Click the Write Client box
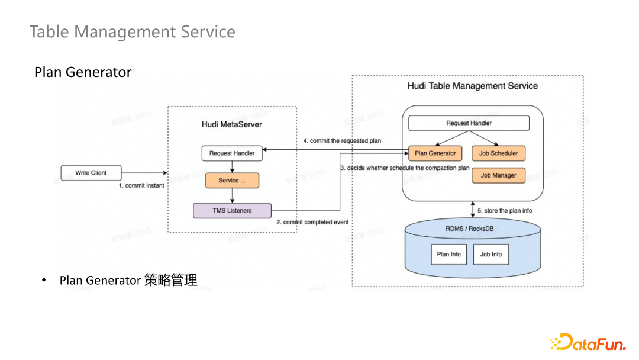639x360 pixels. point(91,173)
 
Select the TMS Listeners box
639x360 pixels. point(232,210)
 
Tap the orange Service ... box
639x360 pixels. point(232,181)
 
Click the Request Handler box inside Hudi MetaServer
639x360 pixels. point(232,153)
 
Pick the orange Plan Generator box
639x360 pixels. point(435,153)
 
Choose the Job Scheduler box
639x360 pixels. point(498,153)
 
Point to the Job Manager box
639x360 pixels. point(498,175)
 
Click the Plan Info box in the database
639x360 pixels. point(448,255)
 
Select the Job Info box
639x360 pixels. point(491,255)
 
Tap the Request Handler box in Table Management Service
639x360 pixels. point(469,123)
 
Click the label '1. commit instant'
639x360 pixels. point(141,186)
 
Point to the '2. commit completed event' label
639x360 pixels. point(312,222)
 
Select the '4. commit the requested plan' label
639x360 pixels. point(342,141)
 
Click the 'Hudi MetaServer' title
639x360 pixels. point(232,124)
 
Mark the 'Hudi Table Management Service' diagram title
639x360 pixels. point(473,86)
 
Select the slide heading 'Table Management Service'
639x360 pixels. point(133,31)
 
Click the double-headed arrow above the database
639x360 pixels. point(473,210)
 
